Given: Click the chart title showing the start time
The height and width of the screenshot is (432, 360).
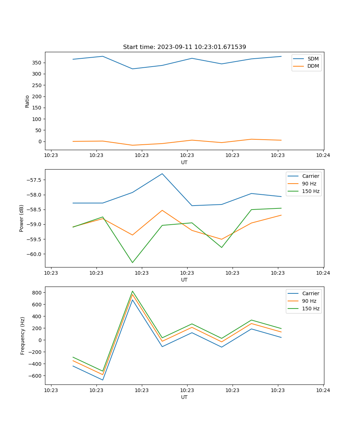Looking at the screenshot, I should (184, 47).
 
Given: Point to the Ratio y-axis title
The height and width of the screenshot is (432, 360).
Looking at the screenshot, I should (27, 101).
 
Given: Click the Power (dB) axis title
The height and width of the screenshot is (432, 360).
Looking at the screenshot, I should (22, 218).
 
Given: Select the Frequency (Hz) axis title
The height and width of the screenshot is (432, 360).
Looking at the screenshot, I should (22, 336).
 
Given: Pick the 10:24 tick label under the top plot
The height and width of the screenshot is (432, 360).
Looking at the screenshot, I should (323, 156).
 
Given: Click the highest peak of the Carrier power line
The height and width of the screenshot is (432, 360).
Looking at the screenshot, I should (162, 174).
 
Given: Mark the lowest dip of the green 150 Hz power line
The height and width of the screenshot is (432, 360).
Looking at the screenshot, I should (132, 262).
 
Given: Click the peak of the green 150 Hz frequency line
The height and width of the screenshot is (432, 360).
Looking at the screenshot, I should (132, 291).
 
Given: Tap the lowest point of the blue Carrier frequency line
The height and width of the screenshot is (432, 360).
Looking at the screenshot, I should (103, 380).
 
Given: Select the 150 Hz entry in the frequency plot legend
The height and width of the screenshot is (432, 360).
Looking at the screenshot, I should (311, 309).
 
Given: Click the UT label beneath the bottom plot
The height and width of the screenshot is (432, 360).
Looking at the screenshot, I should (184, 397).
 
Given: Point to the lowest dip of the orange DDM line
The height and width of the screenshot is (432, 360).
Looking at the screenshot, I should (132, 145).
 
